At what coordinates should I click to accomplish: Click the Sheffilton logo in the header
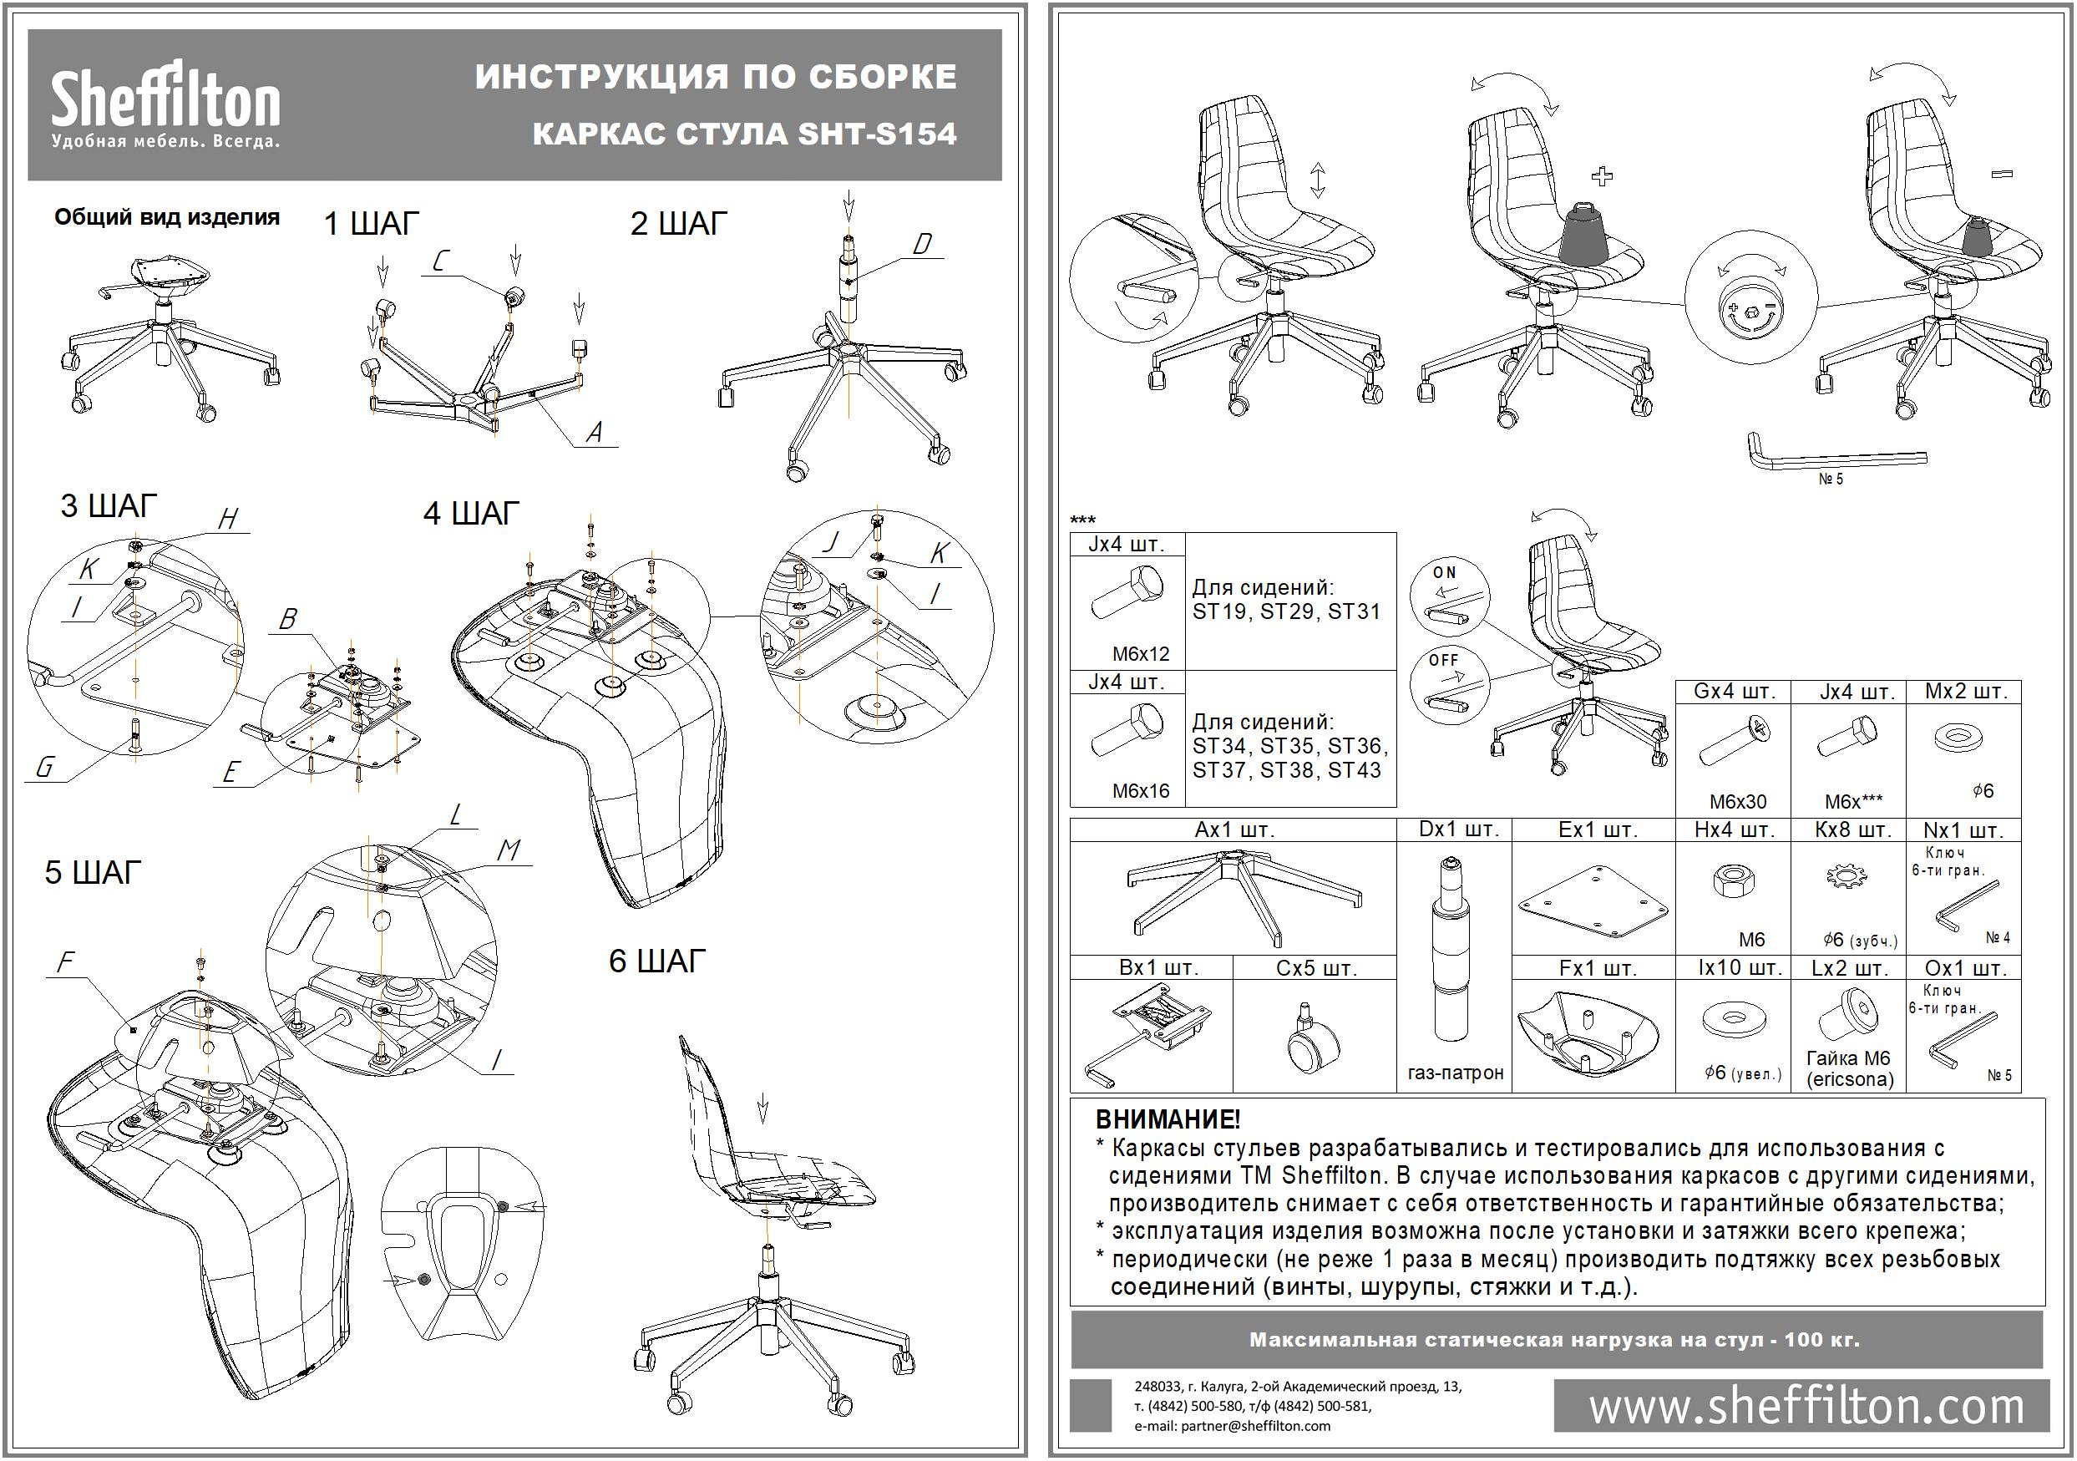click(x=165, y=104)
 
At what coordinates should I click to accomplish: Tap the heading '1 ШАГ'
click(x=372, y=222)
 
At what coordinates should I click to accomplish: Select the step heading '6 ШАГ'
click(x=656, y=961)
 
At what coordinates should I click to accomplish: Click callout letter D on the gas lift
click(x=922, y=243)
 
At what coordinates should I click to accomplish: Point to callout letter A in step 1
click(x=595, y=433)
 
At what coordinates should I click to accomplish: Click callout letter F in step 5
click(x=65, y=961)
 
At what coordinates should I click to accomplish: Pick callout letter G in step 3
click(x=44, y=767)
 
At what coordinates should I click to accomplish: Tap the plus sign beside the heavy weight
click(x=1601, y=175)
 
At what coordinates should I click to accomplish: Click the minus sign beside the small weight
click(x=2002, y=174)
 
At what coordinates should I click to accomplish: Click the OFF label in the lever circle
click(x=1444, y=661)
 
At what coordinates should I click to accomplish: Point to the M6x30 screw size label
click(x=1738, y=802)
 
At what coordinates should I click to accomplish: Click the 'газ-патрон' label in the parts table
click(x=1456, y=1073)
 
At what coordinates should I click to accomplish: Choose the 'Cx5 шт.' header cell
click(x=1316, y=968)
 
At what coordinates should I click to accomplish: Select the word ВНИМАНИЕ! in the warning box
click(x=1168, y=1120)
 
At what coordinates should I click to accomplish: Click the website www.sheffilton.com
click(x=1806, y=1407)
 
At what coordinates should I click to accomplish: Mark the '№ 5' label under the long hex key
click(x=1830, y=479)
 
